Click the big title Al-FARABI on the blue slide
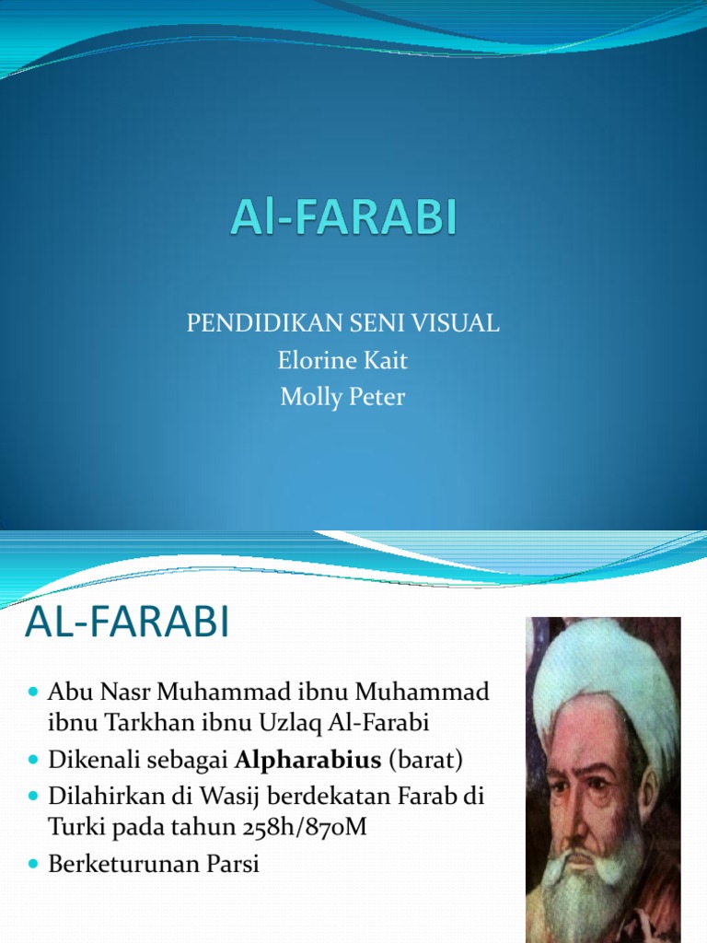tap(344, 216)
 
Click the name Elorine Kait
tap(342, 360)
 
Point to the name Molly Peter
tap(342, 397)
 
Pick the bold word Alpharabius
tap(307, 760)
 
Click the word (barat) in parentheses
tap(425, 760)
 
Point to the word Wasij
tap(230, 797)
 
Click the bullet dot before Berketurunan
tap(34, 865)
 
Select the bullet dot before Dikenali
tap(34, 760)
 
